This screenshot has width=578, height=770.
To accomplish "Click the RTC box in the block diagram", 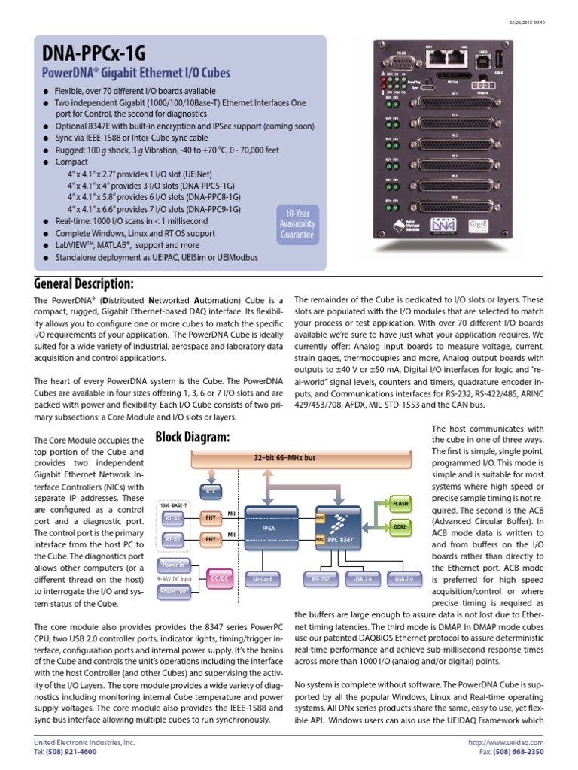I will point(212,490).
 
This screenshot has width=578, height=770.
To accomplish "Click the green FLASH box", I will point(400,502).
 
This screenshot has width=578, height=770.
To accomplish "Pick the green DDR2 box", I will point(400,529).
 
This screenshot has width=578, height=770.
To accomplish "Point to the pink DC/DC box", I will point(220,577).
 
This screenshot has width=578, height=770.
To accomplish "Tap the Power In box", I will point(174,564).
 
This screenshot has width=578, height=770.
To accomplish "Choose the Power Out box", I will point(174,592).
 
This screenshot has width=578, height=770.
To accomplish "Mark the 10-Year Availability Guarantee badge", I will point(297,223).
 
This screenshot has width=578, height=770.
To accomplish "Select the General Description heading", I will point(84,283).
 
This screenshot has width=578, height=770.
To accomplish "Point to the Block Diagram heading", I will point(193,438).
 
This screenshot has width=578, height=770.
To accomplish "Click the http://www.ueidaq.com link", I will point(516,742).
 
